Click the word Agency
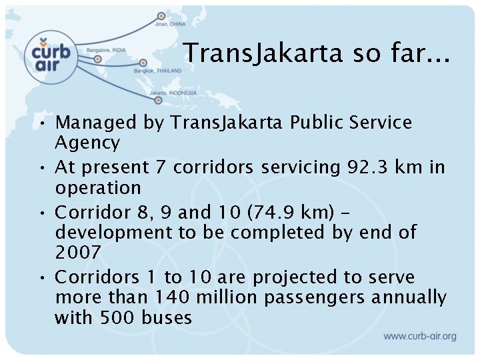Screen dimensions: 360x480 pyautogui.click(x=87, y=143)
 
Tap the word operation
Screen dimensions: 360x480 pyautogui.click(x=98, y=187)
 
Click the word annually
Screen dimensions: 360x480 pyautogui.click(x=409, y=297)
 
